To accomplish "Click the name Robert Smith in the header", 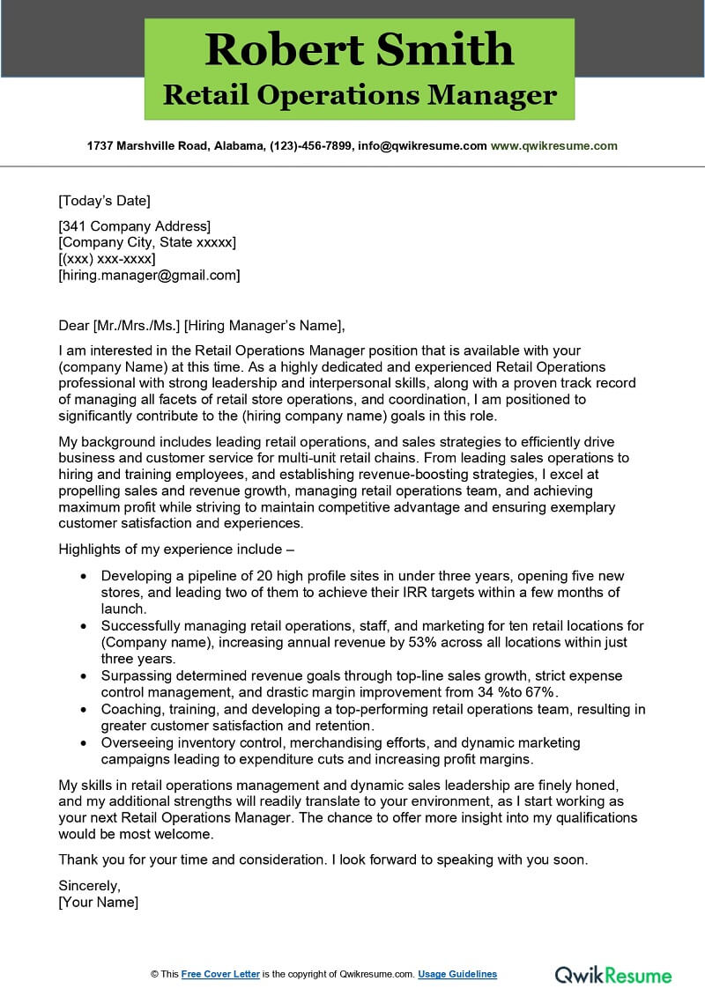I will (x=359, y=49).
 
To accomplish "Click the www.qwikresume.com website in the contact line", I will (x=553, y=145).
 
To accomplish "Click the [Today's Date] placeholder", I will (x=104, y=200).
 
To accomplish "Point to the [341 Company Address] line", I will (x=134, y=226).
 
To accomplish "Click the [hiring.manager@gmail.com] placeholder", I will (x=149, y=275).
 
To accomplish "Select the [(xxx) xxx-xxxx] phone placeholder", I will (x=107, y=259).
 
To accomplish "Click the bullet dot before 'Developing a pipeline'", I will (x=83, y=576).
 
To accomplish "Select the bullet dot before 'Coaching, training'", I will (x=83, y=710).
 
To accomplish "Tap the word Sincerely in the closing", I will (x=89, y=885).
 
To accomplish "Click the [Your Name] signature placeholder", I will (x=98, y=902).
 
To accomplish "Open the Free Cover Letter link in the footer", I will (x=220, y=974).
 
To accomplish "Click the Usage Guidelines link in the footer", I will (x=457, y=974).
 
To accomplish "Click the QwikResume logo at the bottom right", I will (x=612, y=974).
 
